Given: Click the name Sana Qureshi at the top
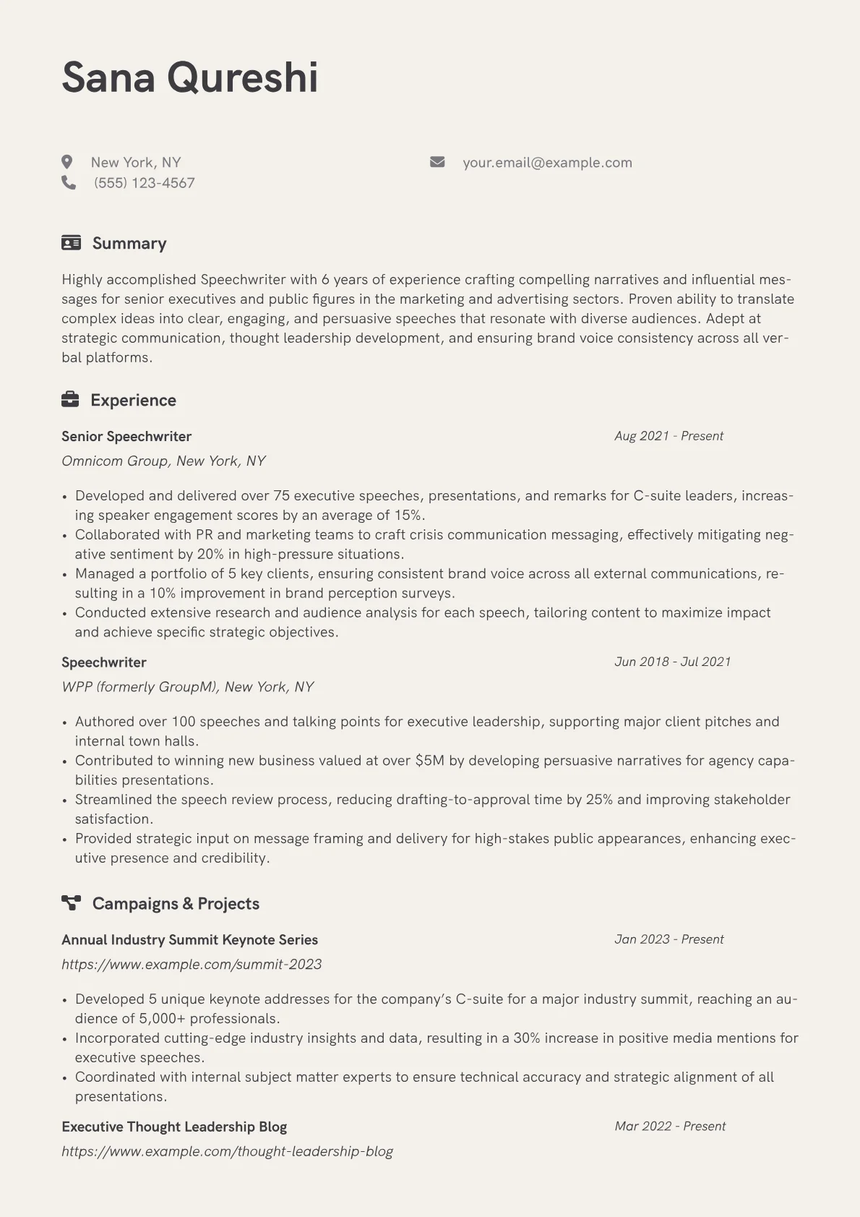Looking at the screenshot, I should (189, 77).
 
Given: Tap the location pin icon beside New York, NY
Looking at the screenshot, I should (67, 162).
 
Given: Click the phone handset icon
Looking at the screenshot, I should (69, 183).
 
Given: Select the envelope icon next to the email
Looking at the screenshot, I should (437, 162).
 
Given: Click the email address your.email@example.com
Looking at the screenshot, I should (547, 163).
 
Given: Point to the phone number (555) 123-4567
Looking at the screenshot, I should (144, 183).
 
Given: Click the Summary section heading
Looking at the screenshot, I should (129, 244).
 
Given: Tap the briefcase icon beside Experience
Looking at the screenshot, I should (70, 400).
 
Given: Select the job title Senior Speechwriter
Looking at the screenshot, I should (126, 437).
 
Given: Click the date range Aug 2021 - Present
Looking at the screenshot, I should (668, 436).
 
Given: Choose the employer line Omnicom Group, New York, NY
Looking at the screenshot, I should (163, 461).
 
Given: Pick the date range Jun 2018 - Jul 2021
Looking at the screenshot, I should (672, 662).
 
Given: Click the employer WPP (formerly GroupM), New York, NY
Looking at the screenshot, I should (187, 687).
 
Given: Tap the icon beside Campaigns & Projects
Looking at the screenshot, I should (71, 903).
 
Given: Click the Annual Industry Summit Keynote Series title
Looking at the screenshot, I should (189, 940).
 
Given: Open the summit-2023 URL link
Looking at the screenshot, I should (192, 965).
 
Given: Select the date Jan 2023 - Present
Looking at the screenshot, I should (668, 939).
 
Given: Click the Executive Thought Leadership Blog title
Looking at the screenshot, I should (174, 1127).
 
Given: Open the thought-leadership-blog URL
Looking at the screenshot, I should (227, 1151).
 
